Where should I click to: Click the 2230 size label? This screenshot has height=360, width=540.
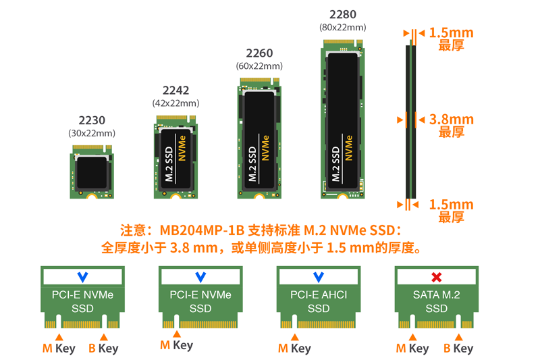pyautogui.click(x=92, y=120)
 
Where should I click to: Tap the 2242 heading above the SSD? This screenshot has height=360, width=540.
pyautogui.click(x=175, y=91)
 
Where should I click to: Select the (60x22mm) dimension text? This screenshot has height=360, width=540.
pyautogui.click(x=259, y=66)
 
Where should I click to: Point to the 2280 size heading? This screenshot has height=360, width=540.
pyautogui.click(x=343, y=14)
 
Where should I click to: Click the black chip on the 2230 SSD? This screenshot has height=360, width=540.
pyautogui.click(x=92, y=172)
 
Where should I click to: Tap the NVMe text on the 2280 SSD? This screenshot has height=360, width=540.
pyautogui.click(x=349, y=148)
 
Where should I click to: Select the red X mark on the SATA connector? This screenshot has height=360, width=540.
pyautogui.click(x=436, y=277)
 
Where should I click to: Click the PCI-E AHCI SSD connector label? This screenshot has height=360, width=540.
pyautogui.click(x=319, y=301)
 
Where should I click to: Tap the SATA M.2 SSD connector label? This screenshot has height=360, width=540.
pyautogui.click(x=436, y=301)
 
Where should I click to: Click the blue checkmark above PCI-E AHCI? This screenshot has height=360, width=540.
pyautogui.click(x=319, y=277)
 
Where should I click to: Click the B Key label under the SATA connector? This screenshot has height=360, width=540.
pyautogui.click(x=458, y=349)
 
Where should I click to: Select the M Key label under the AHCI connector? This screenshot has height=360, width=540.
pyautogui.click(x=294, y=349)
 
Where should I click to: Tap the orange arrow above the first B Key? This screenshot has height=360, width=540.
pyautogui.click(x=104, y=337)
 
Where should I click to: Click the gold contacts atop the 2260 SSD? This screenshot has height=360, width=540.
pyautogui.click(x=256, y=80)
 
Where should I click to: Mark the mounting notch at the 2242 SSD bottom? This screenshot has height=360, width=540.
pyautogui.click(x=175, y=197)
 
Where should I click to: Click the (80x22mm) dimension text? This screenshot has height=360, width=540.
pyautogui.click(x=343, y=27)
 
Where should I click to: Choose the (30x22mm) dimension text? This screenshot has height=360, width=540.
pyautogui.click(x=92, y=133)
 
